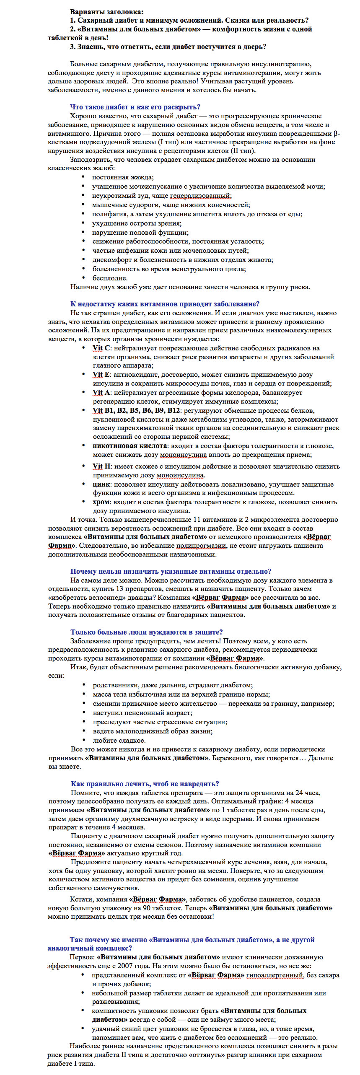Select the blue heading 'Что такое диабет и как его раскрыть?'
[x=135, y=107]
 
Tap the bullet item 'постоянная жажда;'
[x=122, y=177]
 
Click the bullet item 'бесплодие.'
[x=110, y=278]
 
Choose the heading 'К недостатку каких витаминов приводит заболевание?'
[x=165, y=304]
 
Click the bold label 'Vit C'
[x=101, y=348]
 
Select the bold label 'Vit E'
[x=101, y=375]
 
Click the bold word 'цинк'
[x=101, y=484]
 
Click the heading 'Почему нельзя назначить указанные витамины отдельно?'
[x=171, y=571]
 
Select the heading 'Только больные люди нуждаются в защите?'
[x=147, y=632]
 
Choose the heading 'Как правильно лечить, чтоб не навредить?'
[x=145, y=784]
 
